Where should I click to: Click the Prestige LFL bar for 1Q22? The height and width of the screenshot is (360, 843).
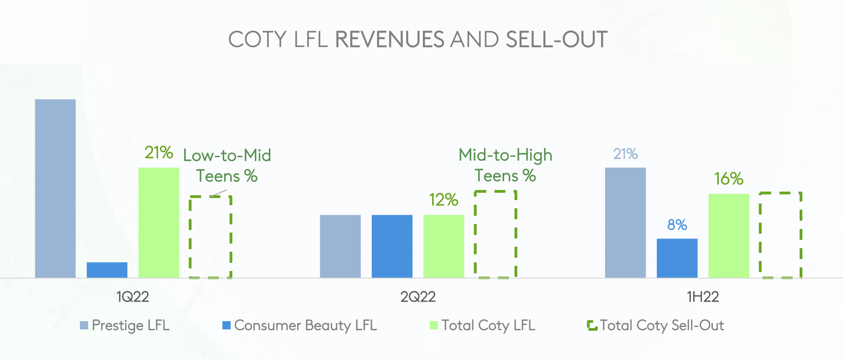55,188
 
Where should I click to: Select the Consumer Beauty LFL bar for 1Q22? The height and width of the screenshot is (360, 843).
107,270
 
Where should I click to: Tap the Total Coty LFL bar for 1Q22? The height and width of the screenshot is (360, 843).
158,222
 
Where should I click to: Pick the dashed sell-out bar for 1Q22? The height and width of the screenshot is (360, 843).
211,237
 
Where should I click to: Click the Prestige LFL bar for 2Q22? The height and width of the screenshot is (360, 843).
340,246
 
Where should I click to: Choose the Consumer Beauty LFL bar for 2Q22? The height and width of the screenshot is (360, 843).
392,246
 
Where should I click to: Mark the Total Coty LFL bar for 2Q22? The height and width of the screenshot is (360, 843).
443,246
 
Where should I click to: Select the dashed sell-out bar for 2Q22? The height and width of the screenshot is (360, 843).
495,234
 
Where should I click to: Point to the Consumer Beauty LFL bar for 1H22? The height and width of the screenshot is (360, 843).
677,258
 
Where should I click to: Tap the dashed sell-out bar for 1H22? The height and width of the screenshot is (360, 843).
780,235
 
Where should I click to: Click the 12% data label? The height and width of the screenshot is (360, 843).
443,200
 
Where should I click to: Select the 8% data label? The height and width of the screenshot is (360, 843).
677,225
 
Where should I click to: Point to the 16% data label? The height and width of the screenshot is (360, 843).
729,179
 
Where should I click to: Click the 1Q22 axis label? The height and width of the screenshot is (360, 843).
132,297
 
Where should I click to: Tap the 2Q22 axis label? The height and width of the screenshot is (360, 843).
418,297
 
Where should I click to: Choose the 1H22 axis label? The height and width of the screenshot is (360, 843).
703,297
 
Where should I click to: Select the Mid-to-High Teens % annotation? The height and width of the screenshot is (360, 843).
505,165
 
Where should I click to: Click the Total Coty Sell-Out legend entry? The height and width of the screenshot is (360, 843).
656,325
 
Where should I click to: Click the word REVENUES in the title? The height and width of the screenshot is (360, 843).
390,39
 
